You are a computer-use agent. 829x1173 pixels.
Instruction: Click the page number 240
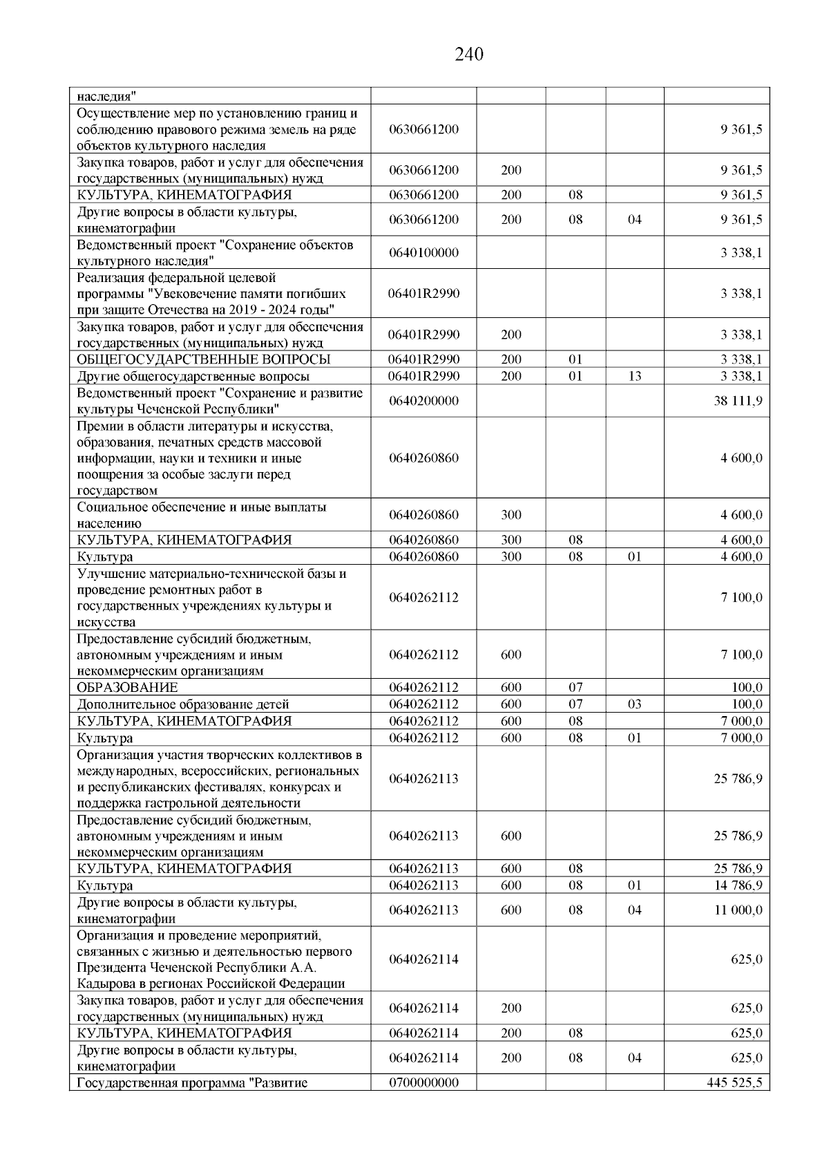pos(469,54)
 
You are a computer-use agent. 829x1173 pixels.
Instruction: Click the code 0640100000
pos(423,253)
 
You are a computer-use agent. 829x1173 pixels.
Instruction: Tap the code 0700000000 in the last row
pos(423,1082)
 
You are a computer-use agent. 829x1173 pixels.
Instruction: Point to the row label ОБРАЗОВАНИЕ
pos(127,688)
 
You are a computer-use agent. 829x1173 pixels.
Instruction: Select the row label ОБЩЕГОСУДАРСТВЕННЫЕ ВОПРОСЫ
pos(204,359)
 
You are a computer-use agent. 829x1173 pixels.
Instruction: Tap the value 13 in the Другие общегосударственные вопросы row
pos(634,376)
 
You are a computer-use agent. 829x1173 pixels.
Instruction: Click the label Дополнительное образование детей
pos(183,704)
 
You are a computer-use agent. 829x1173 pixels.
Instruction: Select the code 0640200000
pos(423,401)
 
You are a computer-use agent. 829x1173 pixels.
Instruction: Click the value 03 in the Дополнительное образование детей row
pos(634,704)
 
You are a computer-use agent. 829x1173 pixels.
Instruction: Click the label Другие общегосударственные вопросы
pos(193,377)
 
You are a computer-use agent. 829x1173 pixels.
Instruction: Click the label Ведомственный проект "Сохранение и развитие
pos(220,393)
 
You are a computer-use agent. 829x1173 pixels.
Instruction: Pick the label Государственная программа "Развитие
pos(192,1083)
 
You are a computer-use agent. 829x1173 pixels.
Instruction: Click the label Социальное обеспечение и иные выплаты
pos(202,507)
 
